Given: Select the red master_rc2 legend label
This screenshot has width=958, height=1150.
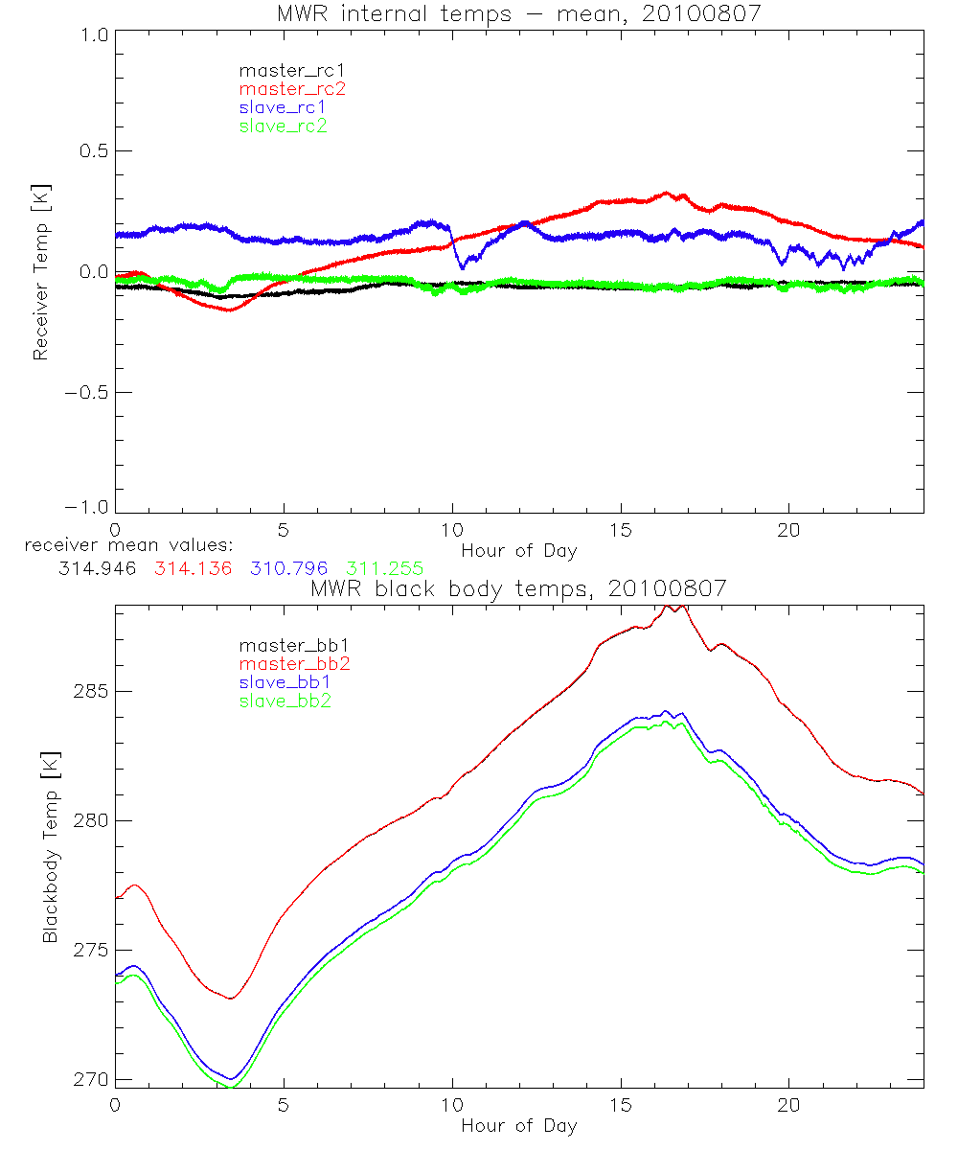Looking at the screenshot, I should coord(292,88).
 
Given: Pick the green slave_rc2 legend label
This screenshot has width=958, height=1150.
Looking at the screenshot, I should coord(285,126).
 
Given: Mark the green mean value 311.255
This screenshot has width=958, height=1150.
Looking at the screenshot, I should coord(385,568).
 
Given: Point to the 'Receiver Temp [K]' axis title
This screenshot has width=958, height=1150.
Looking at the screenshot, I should coord(40,272).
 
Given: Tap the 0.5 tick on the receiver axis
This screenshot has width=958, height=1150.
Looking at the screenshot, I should coord(92,151).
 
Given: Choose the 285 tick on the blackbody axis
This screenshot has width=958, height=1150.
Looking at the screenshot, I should coord(89,691).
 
